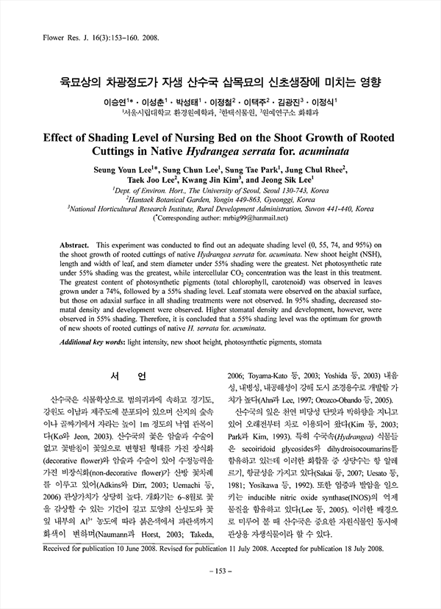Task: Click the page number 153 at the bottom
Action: [220, 592]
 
